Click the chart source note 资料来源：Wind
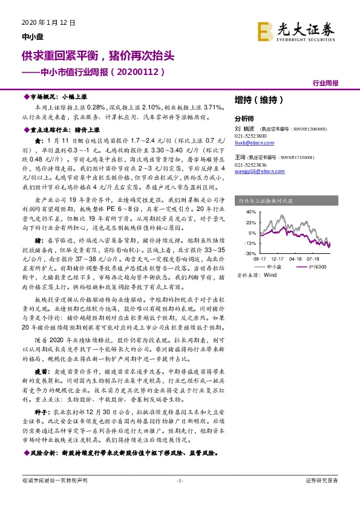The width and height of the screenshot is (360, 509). [253, 274]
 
